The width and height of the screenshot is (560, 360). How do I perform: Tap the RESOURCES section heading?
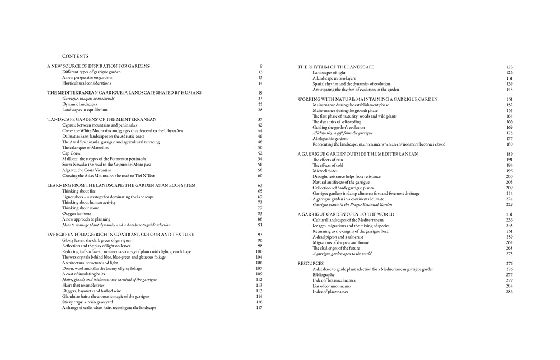[310, 263]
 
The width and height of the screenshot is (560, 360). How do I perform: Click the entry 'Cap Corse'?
[71, 153]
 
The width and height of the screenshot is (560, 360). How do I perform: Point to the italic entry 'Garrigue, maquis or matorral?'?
[88, 99]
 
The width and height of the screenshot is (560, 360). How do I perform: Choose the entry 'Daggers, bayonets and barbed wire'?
[91, 291]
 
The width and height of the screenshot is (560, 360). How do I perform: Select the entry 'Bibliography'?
[326, 275]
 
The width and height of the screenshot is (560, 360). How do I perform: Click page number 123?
[509, 67]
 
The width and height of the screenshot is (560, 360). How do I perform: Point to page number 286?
[509, 292]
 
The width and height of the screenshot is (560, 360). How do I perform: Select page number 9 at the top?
[261, 67]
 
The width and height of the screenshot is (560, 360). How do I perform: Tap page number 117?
[259, 308]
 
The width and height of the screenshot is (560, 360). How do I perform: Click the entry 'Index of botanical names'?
[334, 280]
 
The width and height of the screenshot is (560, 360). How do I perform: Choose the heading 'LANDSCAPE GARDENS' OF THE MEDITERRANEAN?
[101, 119]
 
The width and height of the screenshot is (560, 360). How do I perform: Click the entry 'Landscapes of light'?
[329, 73]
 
